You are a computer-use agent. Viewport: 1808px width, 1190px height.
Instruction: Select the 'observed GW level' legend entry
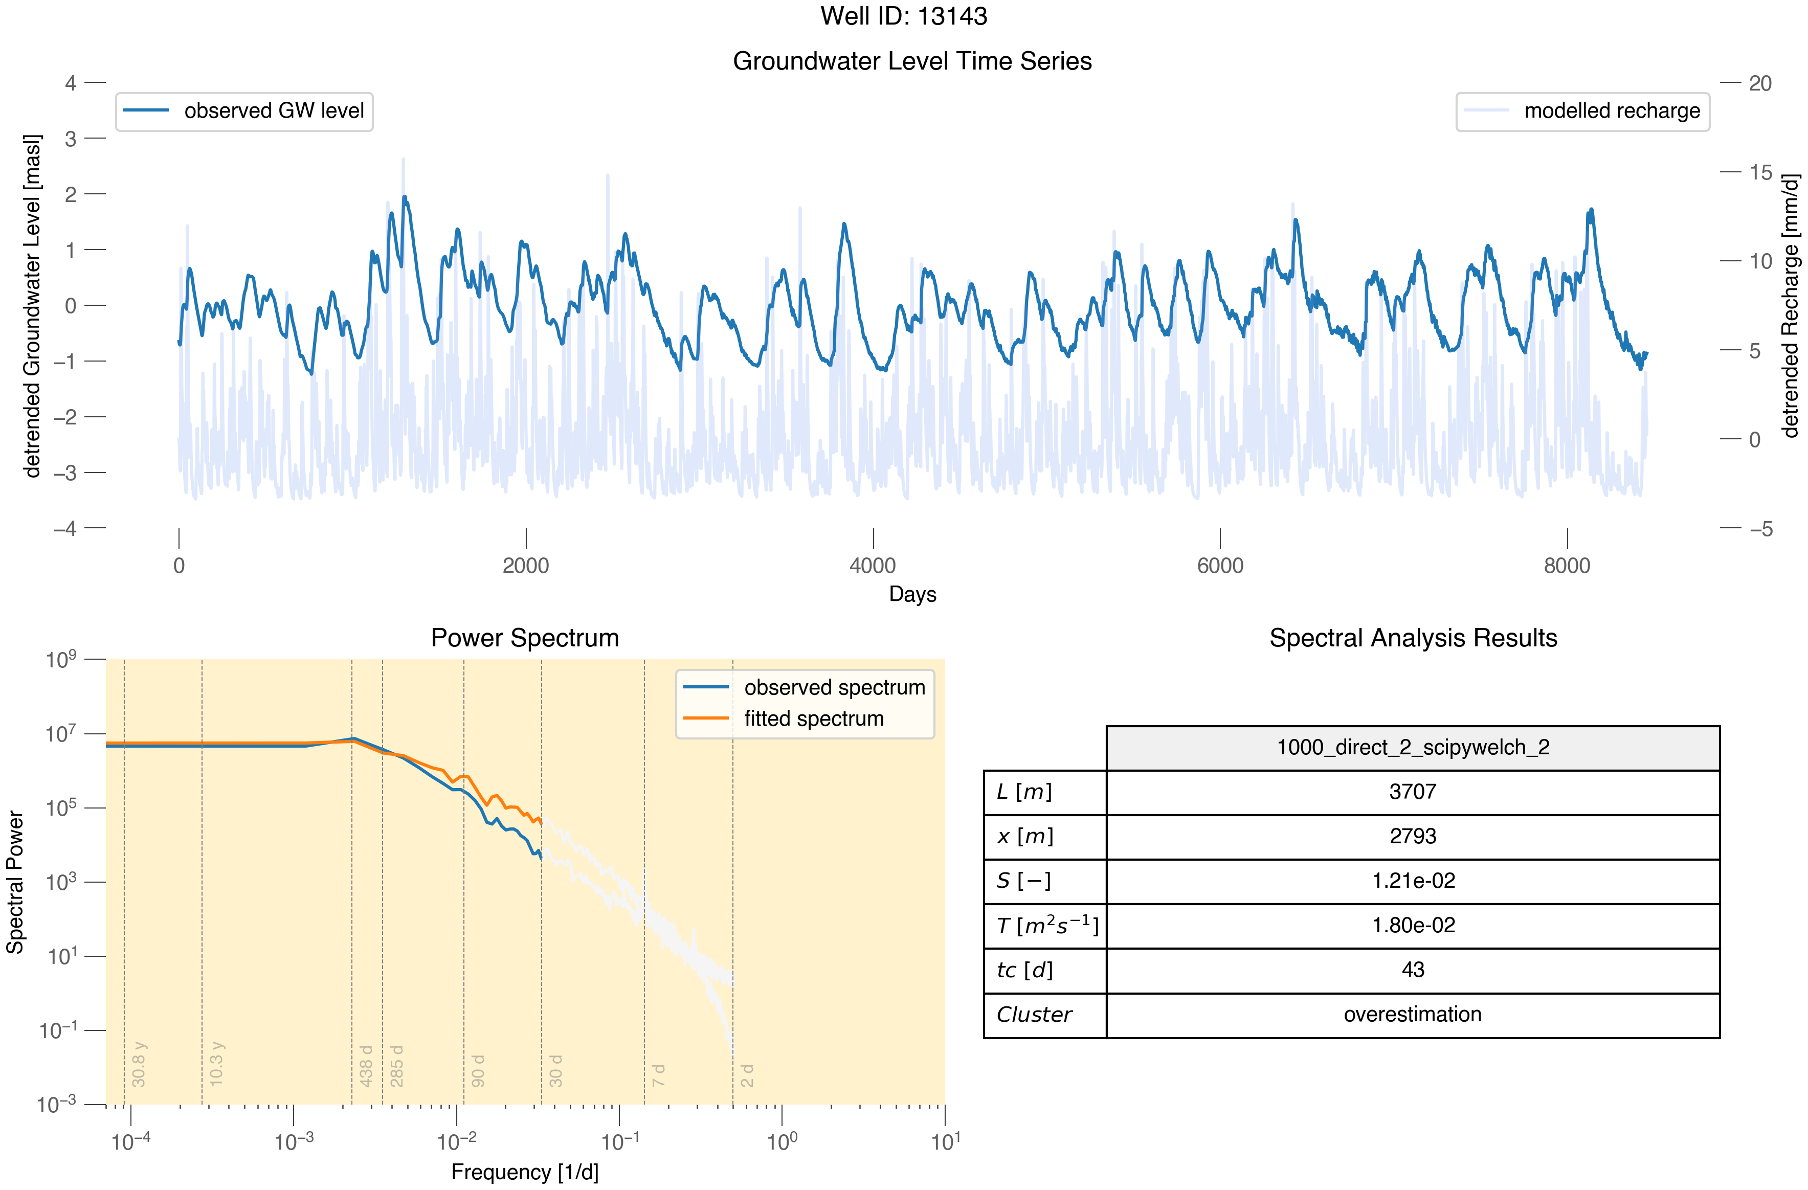coord(244,111)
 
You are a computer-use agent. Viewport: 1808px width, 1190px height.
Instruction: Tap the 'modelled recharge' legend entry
coord(1582,111)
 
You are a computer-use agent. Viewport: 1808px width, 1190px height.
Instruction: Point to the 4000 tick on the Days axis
coord(873,539)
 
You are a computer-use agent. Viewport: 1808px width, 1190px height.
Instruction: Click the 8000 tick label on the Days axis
coord(1567,566)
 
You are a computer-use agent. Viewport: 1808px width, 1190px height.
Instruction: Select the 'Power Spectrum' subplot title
coord(525,638)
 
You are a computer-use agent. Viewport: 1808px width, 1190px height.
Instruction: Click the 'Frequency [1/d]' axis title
coord(525,1172)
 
